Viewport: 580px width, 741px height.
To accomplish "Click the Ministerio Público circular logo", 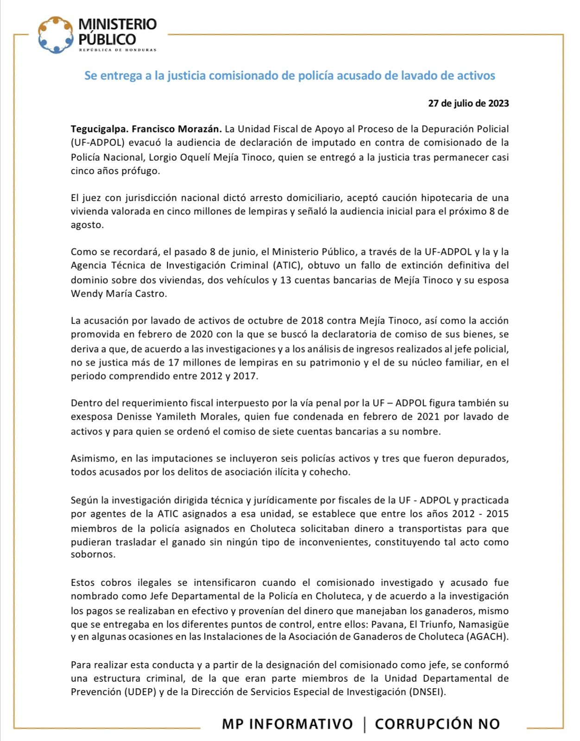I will coord(56,35).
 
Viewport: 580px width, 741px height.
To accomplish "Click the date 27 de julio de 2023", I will coord(468,103).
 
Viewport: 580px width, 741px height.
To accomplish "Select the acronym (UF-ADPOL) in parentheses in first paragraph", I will coord(98,143).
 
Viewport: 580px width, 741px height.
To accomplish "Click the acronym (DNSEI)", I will coord(427,692).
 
